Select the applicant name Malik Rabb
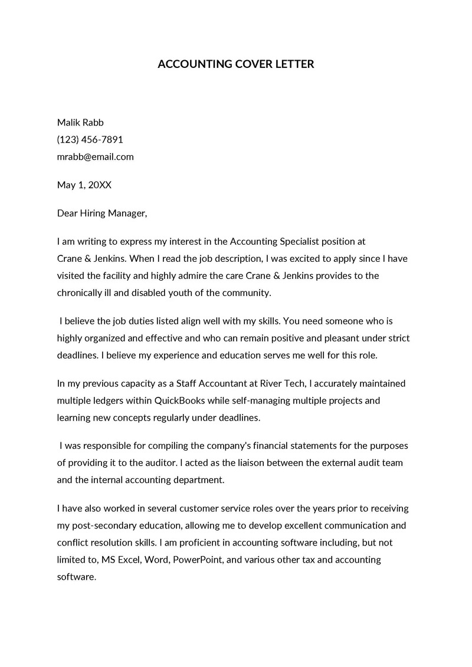click(x=80, y=123)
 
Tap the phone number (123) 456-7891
click(x=90, y=140)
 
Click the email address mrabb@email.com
click(x=95, y=157)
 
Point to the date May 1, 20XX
click(x=84, y=185)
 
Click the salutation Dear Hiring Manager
click(x=101, y=213)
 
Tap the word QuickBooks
click(x=179, y=400)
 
